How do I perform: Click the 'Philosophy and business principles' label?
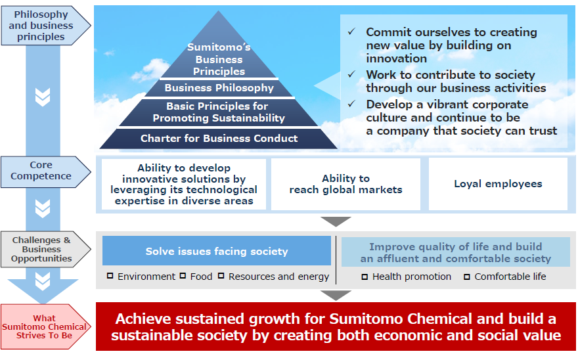tap(41, 26)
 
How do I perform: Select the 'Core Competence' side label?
tap(41, 171)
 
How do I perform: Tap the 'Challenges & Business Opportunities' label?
tap(41, 250)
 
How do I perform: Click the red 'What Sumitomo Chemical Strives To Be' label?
tap(44, 326)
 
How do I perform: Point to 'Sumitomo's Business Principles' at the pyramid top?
tap(219, 59)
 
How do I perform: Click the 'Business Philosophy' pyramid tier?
tap(219, 88)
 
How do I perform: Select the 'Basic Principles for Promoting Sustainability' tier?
tap(219, 112)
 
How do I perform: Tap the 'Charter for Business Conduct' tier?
tap(219, 139)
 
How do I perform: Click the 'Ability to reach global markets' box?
tap(345, 184)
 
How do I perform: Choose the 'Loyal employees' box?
tap(498, 184)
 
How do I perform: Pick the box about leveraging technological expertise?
tap(184, 184)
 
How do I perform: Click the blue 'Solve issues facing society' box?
tap(217, 251)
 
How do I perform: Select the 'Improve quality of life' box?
tap(456, 252)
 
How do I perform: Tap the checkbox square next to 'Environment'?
tap(110, 277)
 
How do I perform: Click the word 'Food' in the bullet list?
tap(201, 277)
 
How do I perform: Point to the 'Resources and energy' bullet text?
tap(278, 277)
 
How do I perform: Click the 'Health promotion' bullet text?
tap(412, 277)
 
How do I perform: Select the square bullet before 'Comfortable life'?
tap(467, 277)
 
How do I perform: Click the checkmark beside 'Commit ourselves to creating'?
tap(352, 32)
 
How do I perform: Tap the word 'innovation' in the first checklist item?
tap(397, 58)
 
